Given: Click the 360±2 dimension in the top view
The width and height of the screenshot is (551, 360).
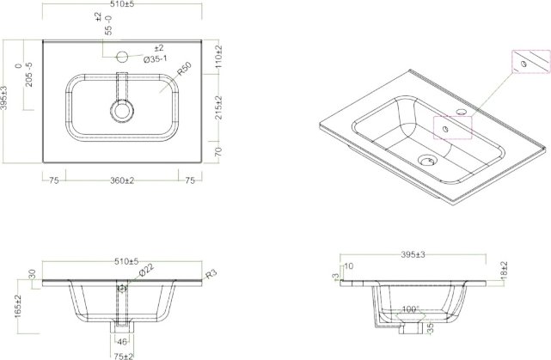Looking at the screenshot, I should pyautogui.click(x=121, y=180).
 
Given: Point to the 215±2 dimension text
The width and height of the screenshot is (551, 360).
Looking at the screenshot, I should pyautogui.click(x=220, y=108).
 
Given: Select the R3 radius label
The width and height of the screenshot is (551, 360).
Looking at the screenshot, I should pyautogui.click(x=211, y=275).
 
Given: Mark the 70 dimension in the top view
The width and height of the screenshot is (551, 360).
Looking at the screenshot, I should pyautogui.click(x=220, y=151).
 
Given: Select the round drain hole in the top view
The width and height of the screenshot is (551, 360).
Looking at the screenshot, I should pyautogui.click(x=122, y=111).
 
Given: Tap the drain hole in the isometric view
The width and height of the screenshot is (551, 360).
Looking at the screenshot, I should pyautogui.click(x=425, y=159).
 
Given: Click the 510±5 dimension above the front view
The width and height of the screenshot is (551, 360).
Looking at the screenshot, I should pyautogui.click(x=126, y=260).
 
